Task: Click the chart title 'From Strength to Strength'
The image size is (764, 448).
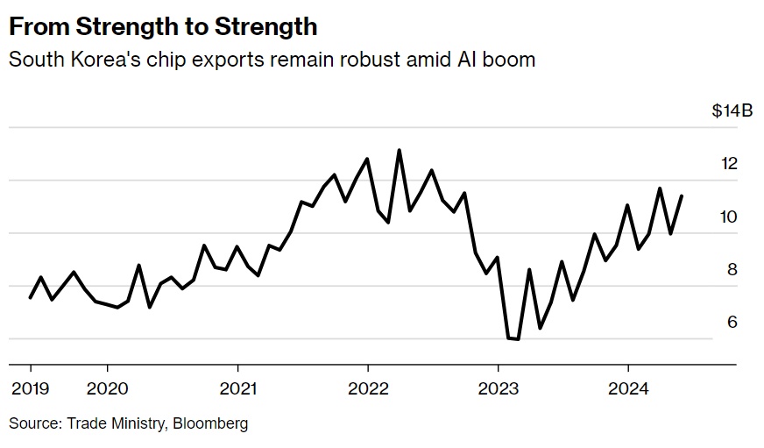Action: point(163,26)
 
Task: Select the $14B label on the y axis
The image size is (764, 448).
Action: point(732,111)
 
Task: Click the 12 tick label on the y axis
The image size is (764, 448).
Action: point(729,164)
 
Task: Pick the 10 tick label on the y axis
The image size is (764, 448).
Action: point(729,217)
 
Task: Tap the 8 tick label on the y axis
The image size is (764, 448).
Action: point(732,269)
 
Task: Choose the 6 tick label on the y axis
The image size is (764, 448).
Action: point(732,322)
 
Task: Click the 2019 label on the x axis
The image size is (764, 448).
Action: point(31,388)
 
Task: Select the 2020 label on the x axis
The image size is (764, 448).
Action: point(108,388)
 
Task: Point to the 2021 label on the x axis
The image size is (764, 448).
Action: point(237,388)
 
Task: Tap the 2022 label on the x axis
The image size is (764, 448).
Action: point(368,388)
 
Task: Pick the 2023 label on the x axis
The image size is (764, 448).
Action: point(498,388)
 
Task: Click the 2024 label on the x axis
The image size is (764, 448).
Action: point(627,388)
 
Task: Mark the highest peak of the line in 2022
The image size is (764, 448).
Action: point(400,150)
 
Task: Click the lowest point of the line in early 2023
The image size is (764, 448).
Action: point(518,339)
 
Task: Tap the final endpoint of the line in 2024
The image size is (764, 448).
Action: point(682,196)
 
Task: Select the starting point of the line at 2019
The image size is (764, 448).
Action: point(31,298)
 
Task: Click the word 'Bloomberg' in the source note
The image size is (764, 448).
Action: point(209,423)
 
